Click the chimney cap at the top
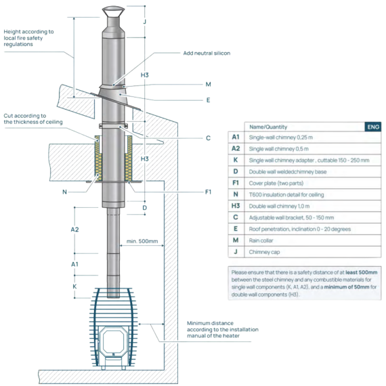click(113, 12)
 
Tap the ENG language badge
click(373, 127)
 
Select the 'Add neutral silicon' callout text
click(207, 53)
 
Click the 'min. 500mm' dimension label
click(142, 241)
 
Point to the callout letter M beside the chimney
click(209, 85)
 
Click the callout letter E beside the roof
click(209, 100)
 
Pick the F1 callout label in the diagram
click(209, 192)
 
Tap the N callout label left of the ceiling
click(64, 192)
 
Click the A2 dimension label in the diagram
click(74, 230)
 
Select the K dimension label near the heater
click(74, 286)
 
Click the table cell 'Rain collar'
click(261, 240)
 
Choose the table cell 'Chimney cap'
click(264, 252)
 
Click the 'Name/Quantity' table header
click(268, 127)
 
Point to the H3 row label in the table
click(236, 206)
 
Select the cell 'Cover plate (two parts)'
click(276, 184)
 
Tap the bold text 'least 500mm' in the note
click(362, 272)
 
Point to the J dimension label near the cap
click(145, 22)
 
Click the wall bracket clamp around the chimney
click(113, 126)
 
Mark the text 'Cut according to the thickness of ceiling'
click(33, 119)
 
